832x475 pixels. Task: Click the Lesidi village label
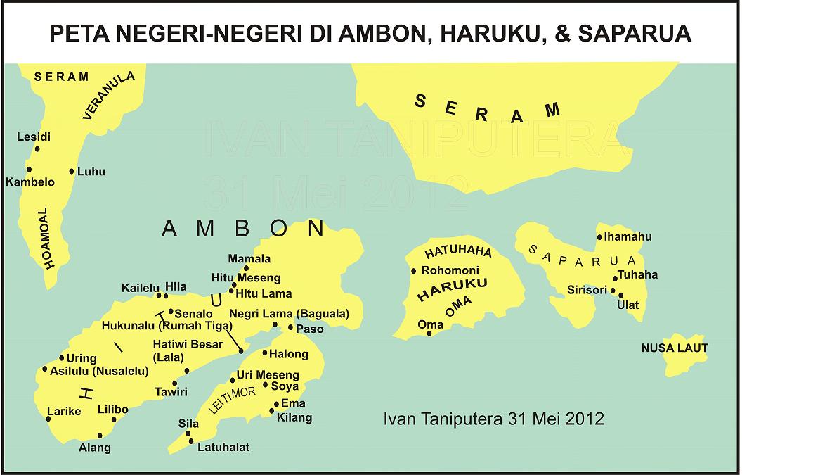click(x=34, y=137)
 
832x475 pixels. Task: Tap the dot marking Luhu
click(x=72, y=171)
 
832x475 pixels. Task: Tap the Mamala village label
click(x=249, y=259)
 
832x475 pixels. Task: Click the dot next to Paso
click(x=290, y=327)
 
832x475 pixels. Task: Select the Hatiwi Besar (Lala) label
click(x=188, y=350)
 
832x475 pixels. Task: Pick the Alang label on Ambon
click(x=95, y=448)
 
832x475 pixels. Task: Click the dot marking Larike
click(x=48, y=419)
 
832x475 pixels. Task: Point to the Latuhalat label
click(x=223, y=447)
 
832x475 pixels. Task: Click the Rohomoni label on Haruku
click(x=450, y=270)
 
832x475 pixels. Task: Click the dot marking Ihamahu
click(x=599, y=237)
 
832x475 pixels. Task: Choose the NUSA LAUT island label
click(x=675, y=348)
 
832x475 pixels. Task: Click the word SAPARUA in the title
click(x=634, y=34)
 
